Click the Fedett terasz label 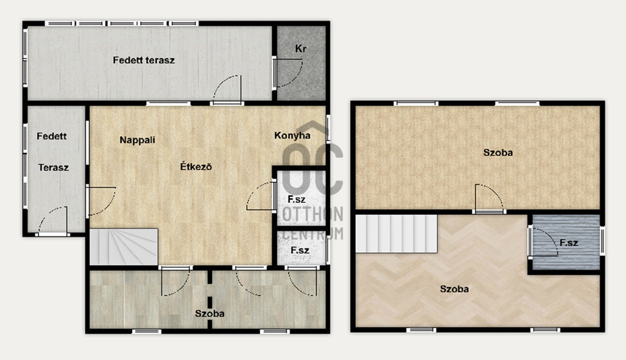coord(144,61)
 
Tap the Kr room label coord(301,49)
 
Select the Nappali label coord(138,140)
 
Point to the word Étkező coord(196,166)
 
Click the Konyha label coord(292,136)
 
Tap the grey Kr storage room coord(301,63)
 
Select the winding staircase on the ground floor coord(123,247)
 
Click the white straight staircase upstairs coord(396,233)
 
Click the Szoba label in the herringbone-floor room coord(454,289)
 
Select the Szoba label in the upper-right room coord(498,152)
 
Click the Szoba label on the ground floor coord(210,314)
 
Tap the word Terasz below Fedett coord(54,167)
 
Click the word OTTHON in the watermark coord(312,215)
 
